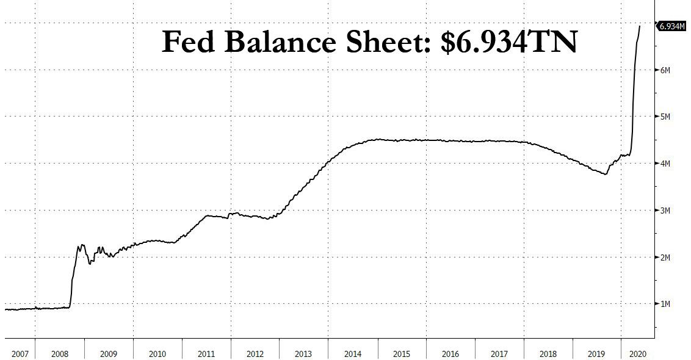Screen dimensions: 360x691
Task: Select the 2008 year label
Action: point(60,353)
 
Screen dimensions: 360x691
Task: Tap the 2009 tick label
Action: point(109,353)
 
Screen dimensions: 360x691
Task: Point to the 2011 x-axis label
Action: point(206,353)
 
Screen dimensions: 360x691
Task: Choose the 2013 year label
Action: point(303,353)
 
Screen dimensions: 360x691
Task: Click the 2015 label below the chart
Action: point(401,353)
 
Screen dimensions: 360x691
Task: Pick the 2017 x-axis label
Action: point(499,353)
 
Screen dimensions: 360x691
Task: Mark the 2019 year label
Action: point(596,353)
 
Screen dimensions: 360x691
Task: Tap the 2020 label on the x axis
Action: point(637,353)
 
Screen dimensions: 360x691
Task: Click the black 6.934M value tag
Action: point(672,26)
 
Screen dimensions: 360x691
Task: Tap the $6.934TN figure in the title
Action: point(508,42)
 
